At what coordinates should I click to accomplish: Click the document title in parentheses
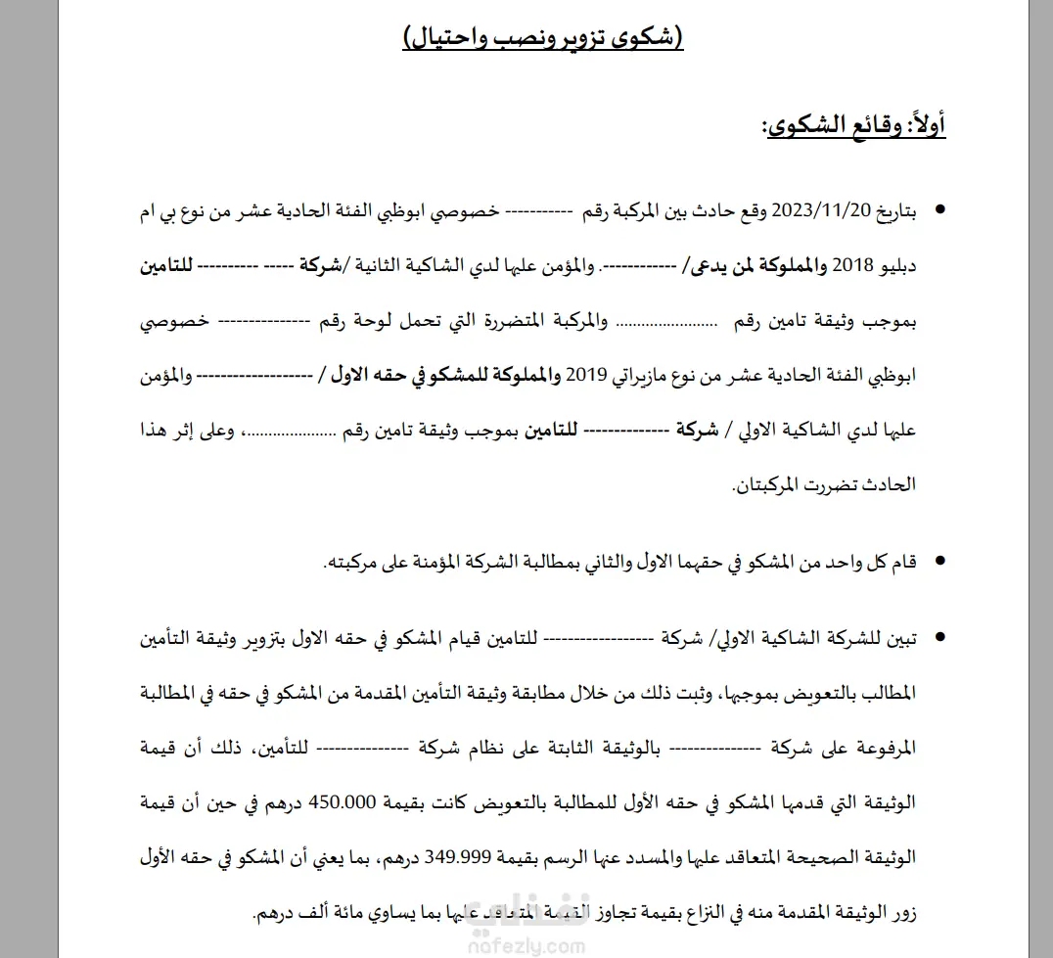click(543, 39)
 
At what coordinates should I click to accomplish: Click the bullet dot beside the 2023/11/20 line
click(940, 210)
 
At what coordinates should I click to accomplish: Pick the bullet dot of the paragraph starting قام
click(940, 562)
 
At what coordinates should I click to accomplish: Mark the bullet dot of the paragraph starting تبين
click(940, 638)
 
